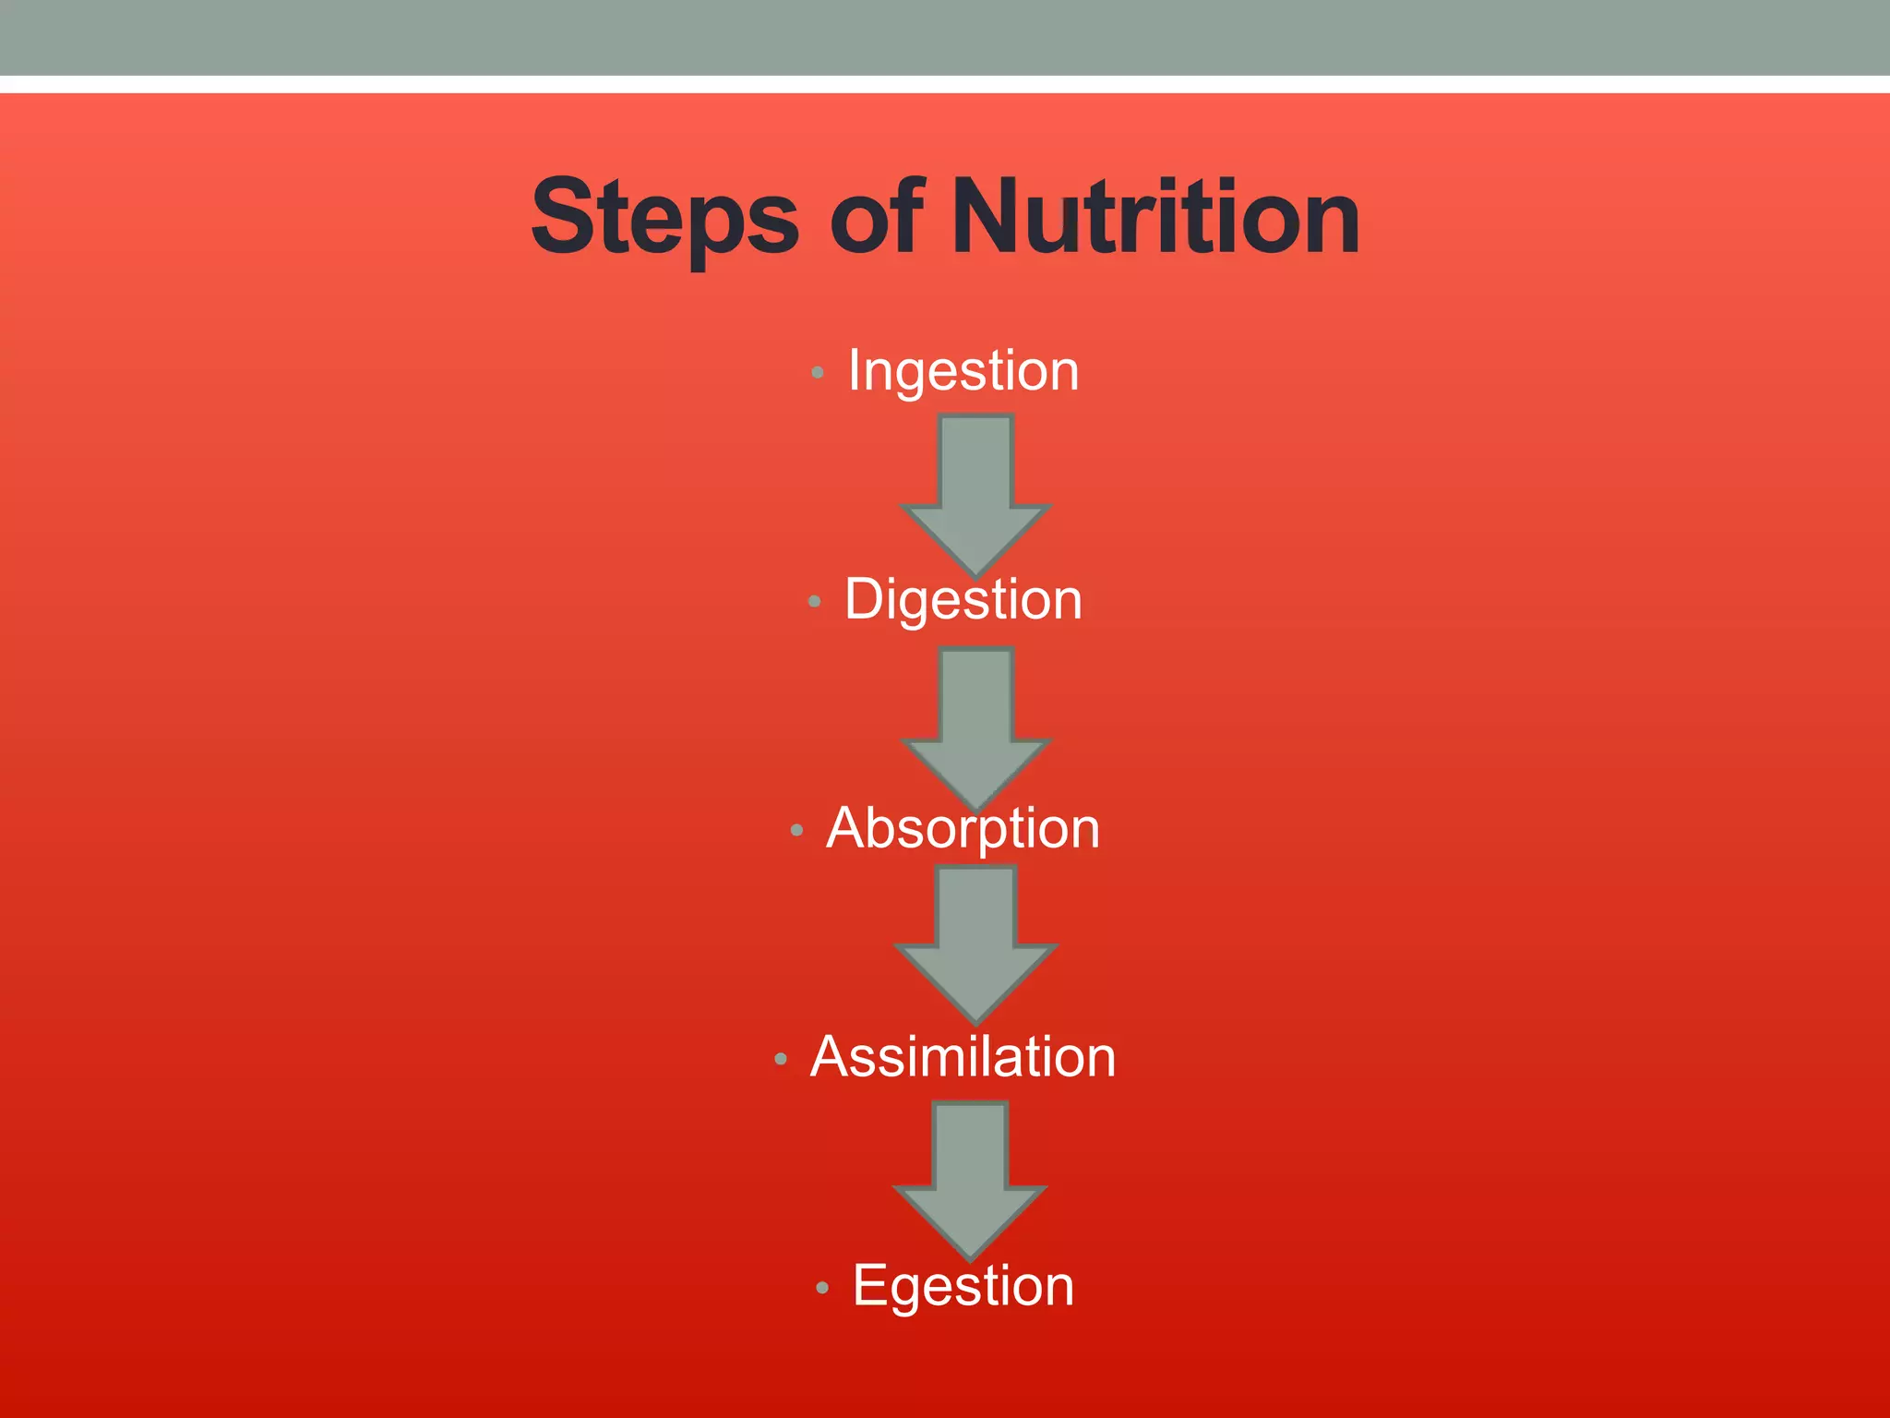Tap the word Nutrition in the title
click(1155, 218)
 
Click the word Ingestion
click(963, 371)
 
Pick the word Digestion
click(963, 600)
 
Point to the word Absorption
click(963, 828)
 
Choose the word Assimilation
click(963, 1057)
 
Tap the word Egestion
click(963, 1285)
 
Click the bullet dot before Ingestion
click(817, 373)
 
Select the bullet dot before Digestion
click(813, 602)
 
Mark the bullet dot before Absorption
click(796, 831)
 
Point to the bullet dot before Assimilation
click(780, 1059)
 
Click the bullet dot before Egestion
click(822, 1288)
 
